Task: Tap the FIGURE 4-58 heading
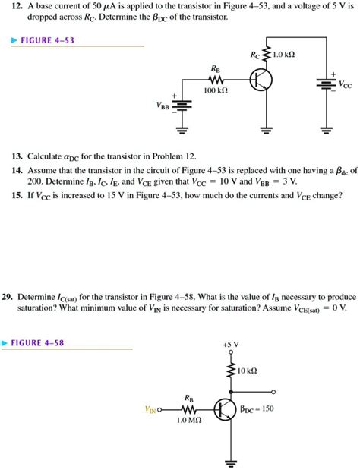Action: pos(37,342)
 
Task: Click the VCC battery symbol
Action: pos(329,83)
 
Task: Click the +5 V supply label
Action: pos(231,344)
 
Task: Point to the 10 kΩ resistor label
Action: pos(248,371)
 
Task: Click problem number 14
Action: pos(16,171)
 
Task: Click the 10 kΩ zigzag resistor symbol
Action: pos(231,371)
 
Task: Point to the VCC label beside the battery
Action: pos(346,86)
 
